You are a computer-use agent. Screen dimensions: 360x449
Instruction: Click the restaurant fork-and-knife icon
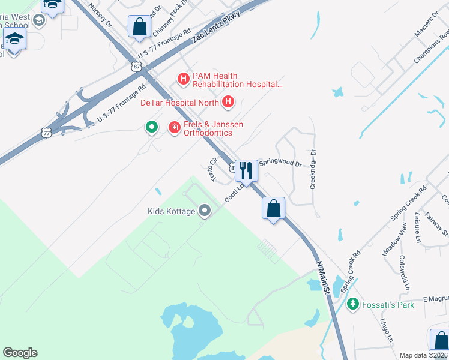tap(246, 170)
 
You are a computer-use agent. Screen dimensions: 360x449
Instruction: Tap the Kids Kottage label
tap(172, 211)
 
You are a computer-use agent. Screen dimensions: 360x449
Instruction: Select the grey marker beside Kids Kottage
tap(205, 211)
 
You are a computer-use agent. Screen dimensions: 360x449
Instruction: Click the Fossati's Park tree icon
tap(353, 304)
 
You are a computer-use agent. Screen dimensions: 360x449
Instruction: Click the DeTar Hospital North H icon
tap(228, 103)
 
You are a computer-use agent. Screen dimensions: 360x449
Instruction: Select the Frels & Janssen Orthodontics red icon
tap(174, 127)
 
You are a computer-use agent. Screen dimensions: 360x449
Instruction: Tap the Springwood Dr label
tap(280, 163)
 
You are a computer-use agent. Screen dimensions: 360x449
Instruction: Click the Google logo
tap(20, 353)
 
